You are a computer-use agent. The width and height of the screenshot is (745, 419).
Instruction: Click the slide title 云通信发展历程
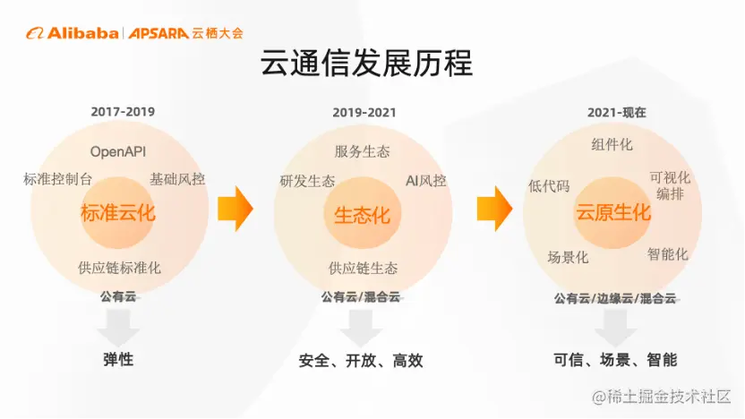pyautogui.click(x=366, y=64)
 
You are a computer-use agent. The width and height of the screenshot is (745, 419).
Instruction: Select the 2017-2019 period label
pyautogui.click(x=123, y=112)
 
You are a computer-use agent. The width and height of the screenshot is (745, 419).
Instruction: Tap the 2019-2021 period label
pyautogui.click(x=364, y=113)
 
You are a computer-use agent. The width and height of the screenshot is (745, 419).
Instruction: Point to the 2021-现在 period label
pyautogui.click(x=617, y=113)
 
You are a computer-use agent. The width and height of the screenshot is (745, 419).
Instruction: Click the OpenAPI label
pyautogui.click(x=118, y=151)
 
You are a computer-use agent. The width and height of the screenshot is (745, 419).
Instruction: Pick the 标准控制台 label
pyautogui.click(x=57, y=179)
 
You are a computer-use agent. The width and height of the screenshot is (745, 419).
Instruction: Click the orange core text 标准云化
pyautogui.click(x=118, y=213)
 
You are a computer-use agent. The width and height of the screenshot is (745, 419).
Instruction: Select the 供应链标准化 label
pyautogui.click(x=119, y=268)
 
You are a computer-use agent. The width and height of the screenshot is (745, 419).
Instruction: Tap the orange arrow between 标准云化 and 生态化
pyautogui.click(x=235, y=209)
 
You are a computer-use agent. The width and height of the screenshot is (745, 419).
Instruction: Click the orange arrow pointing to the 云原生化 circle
pyautogui.click(x=494, y=209)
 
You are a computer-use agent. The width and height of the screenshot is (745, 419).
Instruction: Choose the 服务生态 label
pyautogui.click(x=362, y=151)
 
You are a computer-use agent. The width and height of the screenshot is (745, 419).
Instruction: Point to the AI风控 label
pyautogui.click(x=425, y=181)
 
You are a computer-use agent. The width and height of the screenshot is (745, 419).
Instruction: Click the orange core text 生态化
pyautogui.click(x=362, y=215)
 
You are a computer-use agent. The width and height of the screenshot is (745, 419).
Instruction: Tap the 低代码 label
pyautogui.click(x=549, y=185)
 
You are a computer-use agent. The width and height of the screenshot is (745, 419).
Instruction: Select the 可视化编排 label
pyautogui.click(x=670, y=185)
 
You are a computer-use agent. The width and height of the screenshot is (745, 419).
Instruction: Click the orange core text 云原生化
pyautogui.click(x=613, y=212)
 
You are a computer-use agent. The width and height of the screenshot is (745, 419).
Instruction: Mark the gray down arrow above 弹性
pyautogui.click(x=118, y=328)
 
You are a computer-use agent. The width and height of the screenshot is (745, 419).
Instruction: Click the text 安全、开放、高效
pyautogui.click(x=361, y=361)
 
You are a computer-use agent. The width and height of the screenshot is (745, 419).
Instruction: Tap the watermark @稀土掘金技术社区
pyautogui.click(x=661, y=397)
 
